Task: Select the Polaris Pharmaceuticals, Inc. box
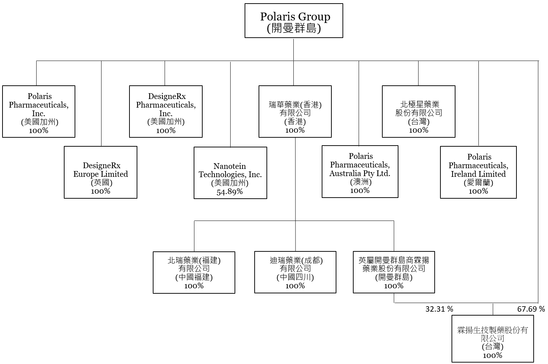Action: (39, 111)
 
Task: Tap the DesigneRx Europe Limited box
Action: (100, 172)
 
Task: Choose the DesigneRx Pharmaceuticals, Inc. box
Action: (166, 111)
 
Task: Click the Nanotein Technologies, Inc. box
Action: (230, 173)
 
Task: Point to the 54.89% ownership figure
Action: (230, 192)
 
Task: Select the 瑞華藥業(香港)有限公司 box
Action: (295, 111)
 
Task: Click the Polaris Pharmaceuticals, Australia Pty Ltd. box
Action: (360, 171)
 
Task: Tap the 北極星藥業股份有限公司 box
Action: (419, 111)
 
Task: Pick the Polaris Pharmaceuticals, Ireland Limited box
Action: (478, 172)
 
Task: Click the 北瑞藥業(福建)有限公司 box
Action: (194, 273)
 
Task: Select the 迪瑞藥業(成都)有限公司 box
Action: (295, 273)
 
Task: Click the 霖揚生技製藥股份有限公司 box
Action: (492, 339)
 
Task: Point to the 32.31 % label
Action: (439, 309)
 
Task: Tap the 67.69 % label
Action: (531, 309)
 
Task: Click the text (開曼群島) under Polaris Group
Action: (294, 28)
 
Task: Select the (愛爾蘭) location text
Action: (478, 183)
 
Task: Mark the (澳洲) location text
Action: (360, 182)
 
